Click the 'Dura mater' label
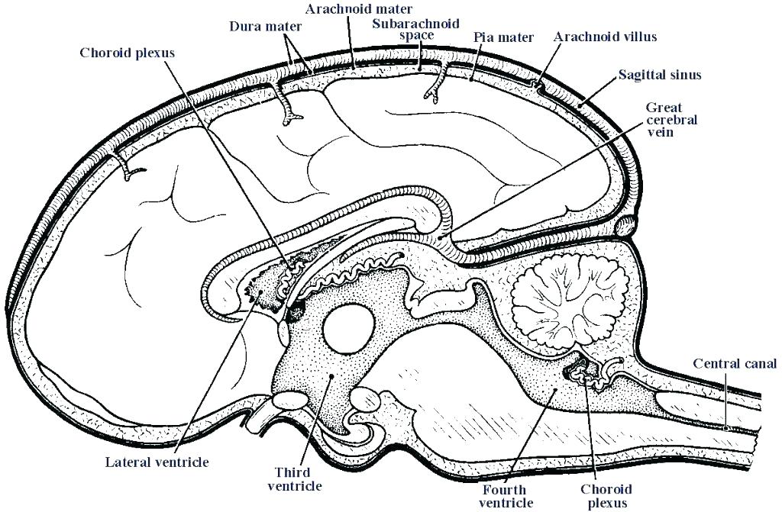coord(265,26)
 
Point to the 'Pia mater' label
coord(503,37)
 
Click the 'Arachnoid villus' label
coord(605,37)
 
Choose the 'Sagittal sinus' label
coord(660,75)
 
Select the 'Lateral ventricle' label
coord(157,462)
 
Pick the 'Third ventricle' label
coord(299,478)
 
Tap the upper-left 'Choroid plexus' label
coord(128,53)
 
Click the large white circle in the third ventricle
coord(349,328)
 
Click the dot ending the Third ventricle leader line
coord(330,376)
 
